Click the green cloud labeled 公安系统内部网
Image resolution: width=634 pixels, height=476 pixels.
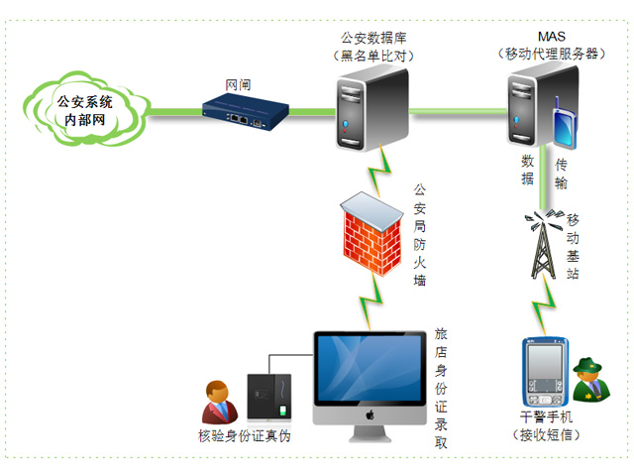pos(85,110)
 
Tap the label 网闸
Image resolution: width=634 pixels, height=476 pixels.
pos(237,85)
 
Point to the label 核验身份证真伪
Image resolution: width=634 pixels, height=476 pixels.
pos(244,434)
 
